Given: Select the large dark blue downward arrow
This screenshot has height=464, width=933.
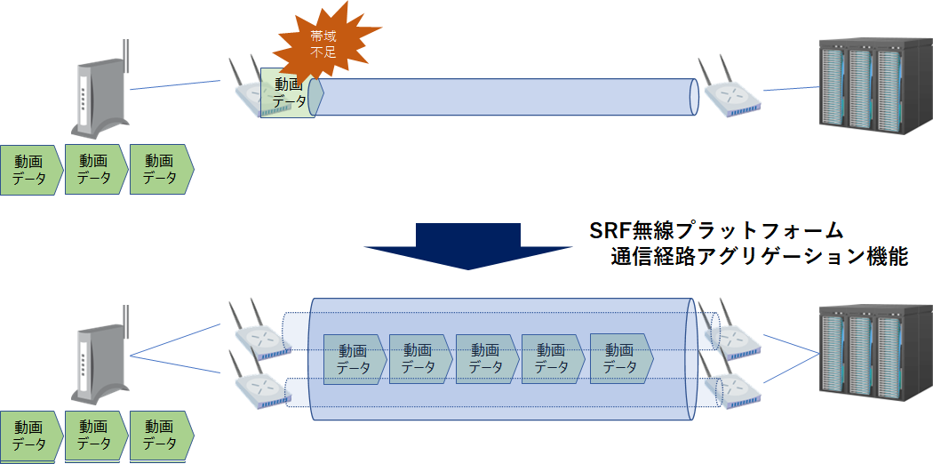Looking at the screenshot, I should tap(468, 245).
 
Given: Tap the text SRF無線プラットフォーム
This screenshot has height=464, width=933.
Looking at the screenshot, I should tap(716, 230).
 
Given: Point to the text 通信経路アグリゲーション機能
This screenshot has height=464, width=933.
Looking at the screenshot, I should tap(759, 258).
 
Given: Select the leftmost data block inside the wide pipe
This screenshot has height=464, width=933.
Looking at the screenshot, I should tap(355, 359).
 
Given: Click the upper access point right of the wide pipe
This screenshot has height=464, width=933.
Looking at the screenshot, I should tap(730, 336).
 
